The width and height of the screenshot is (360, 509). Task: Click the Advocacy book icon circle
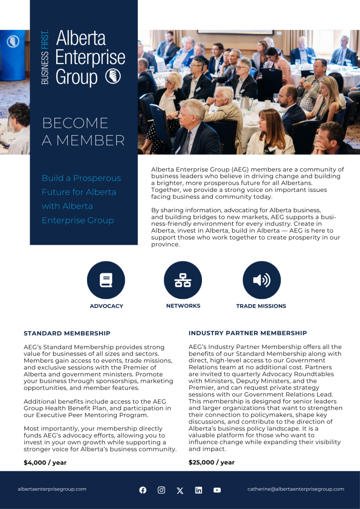(x=106, y=280)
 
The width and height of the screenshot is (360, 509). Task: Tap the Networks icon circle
(x=183, y=280)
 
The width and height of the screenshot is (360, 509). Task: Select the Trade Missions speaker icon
(x=262, y=280)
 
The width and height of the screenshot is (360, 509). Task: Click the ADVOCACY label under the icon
(x=106, y=306)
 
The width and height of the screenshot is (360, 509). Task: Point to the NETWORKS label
(x=183, y=306)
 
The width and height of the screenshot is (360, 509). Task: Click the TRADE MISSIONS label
(x=261, y=306)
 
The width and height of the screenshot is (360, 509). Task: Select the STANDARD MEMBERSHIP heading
(x=67, y=333)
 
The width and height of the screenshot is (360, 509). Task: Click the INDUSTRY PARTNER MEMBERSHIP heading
(x=248, y=333)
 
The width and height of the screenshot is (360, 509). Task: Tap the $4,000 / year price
(x=45, y=462)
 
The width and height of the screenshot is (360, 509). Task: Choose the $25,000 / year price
(x=211, y=462)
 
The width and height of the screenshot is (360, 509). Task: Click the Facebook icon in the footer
(x=143, y=490)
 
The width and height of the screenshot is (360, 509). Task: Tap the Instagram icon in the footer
(x=161, y=490)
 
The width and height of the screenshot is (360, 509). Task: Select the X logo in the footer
(x=180, y=491)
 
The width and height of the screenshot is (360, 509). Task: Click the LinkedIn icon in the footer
(x=198, y=490)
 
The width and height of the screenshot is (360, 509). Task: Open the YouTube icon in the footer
(x=217, y=490)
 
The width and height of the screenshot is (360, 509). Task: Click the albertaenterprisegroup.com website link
(x=52, y=489)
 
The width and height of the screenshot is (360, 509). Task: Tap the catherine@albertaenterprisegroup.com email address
(x=296, y=489)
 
